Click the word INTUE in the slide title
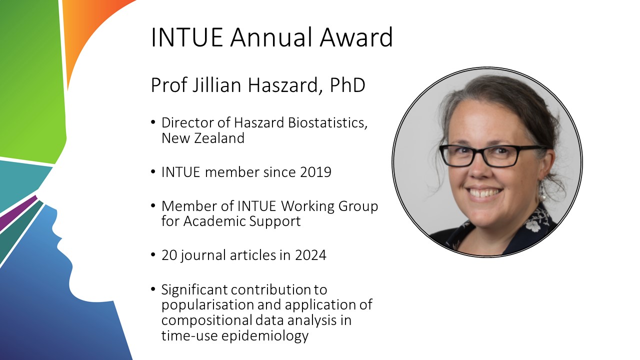coord(187,37)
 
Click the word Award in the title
coord(356,37)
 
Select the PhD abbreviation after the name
coord(347,85)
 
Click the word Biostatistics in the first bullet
coord(327,122)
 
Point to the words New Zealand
coord(203,138)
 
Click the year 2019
coord(315,172)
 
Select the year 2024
coord(310,255)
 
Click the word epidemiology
coord(265,335)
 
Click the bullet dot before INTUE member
coord(153,172)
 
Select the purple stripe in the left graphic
coord(17,213)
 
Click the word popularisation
coord(207,305)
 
